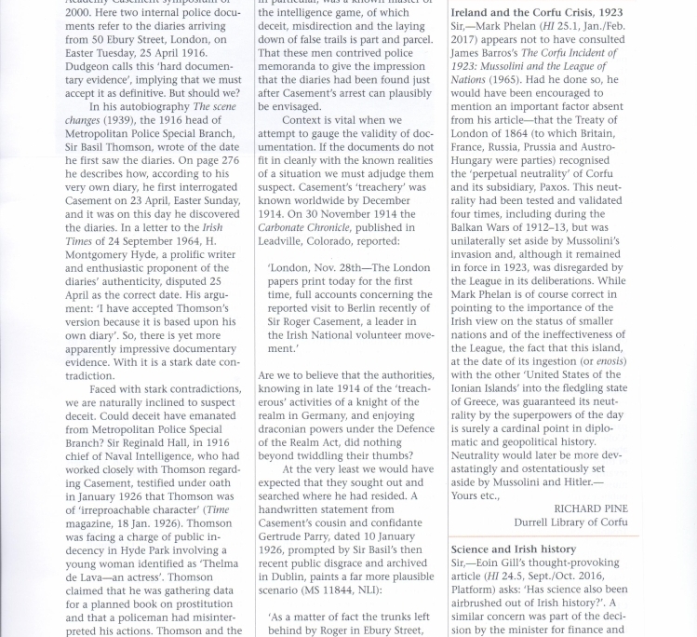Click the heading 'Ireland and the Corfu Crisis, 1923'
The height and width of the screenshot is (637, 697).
click(x=536, y=14)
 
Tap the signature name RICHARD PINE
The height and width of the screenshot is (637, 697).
click(x=590, y=508)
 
